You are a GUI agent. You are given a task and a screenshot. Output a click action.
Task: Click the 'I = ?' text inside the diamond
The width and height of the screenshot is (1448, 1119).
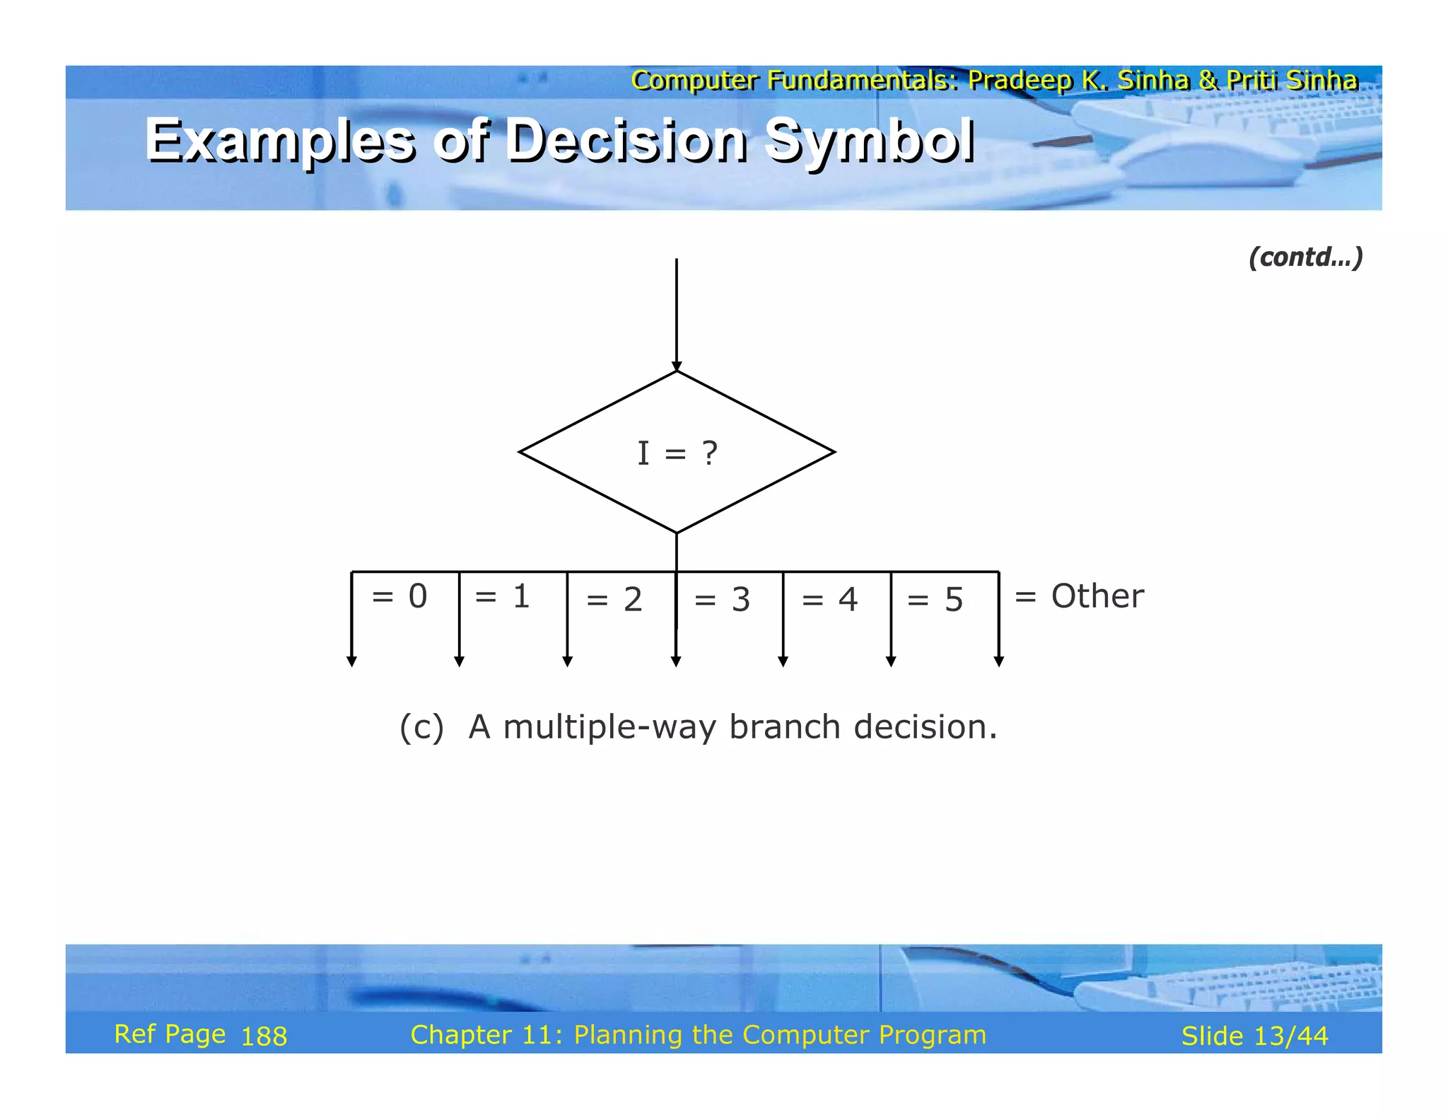click(677, 453)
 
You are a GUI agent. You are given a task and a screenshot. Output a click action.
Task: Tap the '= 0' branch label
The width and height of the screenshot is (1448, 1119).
click(399, 596)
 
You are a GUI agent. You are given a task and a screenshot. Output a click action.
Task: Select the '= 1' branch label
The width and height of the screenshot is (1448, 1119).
click(502, 596)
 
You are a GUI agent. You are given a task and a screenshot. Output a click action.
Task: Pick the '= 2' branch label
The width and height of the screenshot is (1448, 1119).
click(614, 600)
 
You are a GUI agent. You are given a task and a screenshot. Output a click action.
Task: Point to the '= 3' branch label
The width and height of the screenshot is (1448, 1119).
click(722, 600)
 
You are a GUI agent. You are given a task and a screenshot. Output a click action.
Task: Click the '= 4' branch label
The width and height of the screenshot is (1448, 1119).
click(829, 600)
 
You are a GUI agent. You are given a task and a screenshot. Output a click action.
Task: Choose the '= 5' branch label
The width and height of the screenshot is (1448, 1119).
click(935, 600)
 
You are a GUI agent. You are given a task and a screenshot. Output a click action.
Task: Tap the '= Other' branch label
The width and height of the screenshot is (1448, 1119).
click(1079, 596)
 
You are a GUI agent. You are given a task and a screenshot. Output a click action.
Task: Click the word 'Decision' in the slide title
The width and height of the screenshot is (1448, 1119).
click(626, 139)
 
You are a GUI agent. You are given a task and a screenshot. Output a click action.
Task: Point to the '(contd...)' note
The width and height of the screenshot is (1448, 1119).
click(1305, 257)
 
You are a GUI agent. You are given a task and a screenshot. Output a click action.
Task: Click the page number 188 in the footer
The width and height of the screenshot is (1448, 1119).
click(264, 1037)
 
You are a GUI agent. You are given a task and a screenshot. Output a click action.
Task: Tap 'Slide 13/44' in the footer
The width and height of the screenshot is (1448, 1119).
click(1254, 1036)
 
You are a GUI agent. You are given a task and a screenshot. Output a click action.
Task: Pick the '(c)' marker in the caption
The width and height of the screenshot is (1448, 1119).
click(421, 727)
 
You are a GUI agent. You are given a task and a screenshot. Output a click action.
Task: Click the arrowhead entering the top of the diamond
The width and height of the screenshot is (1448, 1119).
click(677, 366)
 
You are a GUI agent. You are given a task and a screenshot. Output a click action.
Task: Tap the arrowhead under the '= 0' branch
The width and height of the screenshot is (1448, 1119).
click(351, 661)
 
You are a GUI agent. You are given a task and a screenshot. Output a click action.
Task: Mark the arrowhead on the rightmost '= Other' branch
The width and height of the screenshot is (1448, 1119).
click(998, 661)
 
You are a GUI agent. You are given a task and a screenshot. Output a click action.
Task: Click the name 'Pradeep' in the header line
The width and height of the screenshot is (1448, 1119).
click(1020, 81)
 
